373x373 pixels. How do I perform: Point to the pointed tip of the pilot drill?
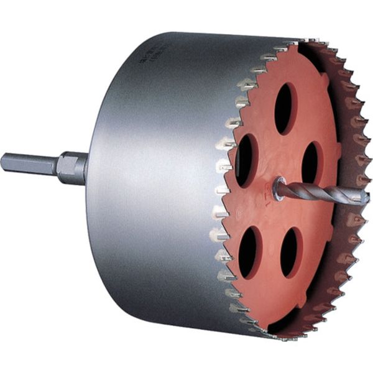click(x=367, y=198)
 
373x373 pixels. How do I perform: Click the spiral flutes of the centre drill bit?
click(x=323, y=191)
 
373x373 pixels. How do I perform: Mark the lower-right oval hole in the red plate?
click(x=290, y=252)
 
